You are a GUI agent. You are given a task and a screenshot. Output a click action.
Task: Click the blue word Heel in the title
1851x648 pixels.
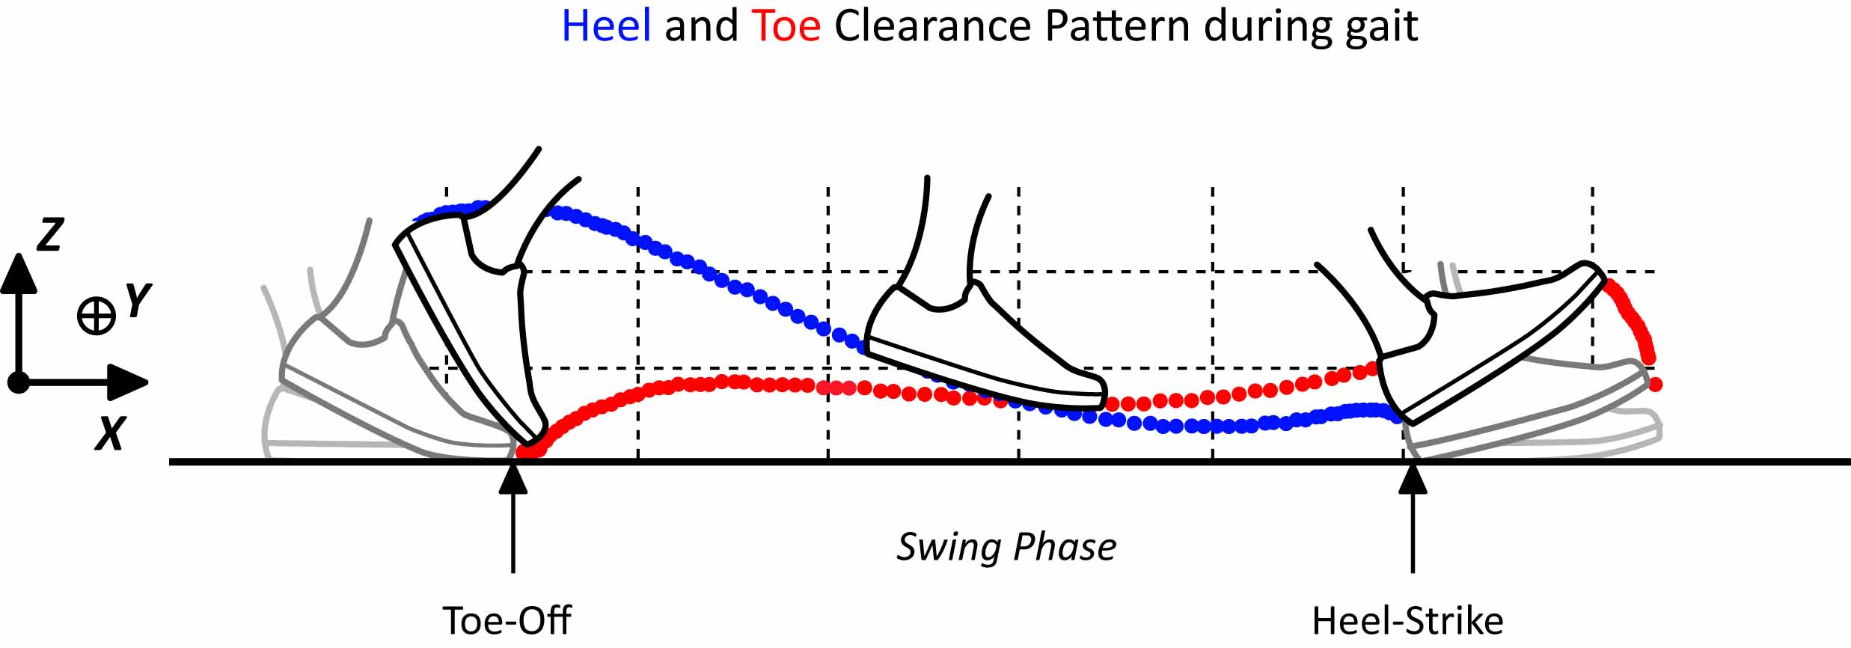pyautogui.click(x=605, y=27)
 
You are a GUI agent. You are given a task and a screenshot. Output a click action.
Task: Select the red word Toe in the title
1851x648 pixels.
pyautogui.click(x=786, y=27)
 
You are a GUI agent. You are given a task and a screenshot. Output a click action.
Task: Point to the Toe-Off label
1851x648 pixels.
pyautogui.click(x=507, y=620)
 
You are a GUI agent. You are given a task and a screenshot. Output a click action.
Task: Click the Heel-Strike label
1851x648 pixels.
pyautogui.click(x=1407, y=620)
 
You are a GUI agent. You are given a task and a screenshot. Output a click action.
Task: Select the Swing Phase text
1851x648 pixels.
pyautogui.click(x=1006, y=547)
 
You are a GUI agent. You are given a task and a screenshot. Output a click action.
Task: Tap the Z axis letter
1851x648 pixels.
pyautogui.click(x=50, y=234)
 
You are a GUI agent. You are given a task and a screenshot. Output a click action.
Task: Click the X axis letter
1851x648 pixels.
pyautogui.click(x=109, y=433)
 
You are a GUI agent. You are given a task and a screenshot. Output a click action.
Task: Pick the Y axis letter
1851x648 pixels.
pyautogui.click(x=138, y=302)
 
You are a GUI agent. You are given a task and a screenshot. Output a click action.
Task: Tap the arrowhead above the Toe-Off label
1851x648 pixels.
pyautogui.click(x=513, y=480)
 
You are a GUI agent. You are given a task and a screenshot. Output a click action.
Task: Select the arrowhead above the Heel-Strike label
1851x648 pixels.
pyautogui.click(x=1413, y=480)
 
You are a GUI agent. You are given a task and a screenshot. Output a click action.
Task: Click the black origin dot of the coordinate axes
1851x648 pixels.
pyautogui.click(x=18, y=383)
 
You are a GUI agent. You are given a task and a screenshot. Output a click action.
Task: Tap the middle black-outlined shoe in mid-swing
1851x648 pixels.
pyautogui.click(x=980, y=352)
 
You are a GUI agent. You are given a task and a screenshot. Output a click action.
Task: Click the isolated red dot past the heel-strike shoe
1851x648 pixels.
pyautogui.click(x=1655, y=385)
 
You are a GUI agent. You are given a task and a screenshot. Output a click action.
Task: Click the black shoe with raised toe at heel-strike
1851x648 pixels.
pyautogui.click(x=1489, y=344)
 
